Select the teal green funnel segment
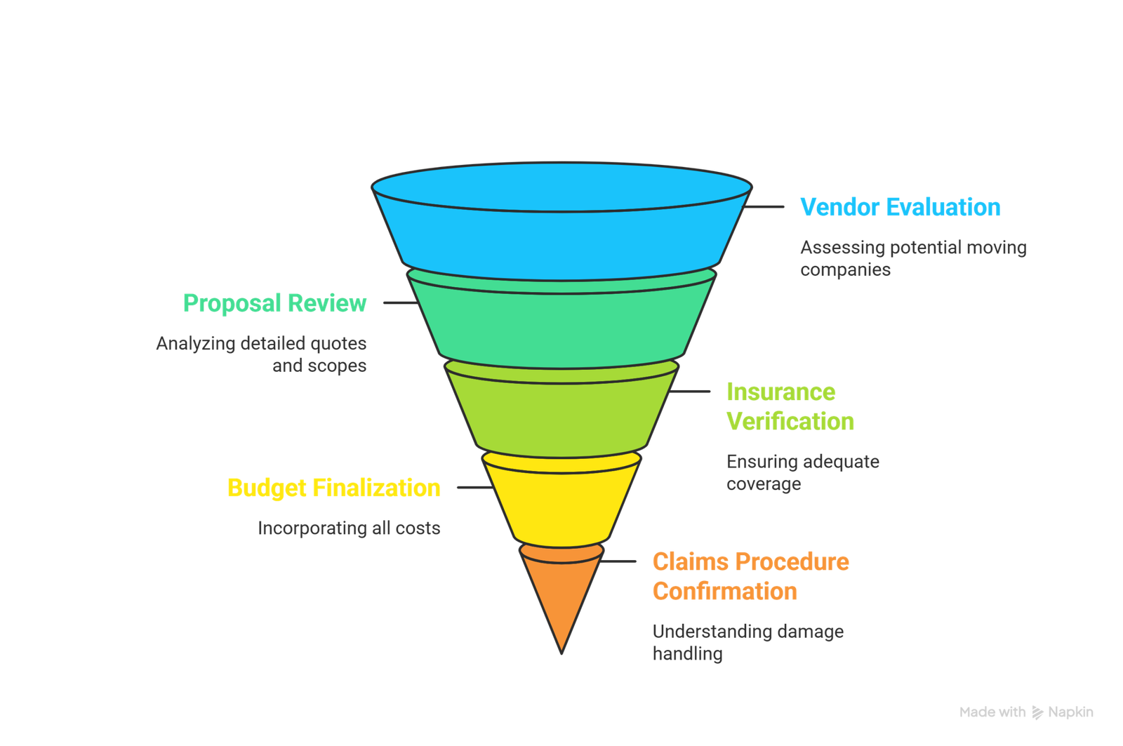pyautogui.click(x=561, y=323)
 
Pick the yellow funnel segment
pyautogui.click(x=561, y=505)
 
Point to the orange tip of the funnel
pyautogui.click(x=561, y=597)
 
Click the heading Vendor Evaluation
pyautogui.click(x=901, y=208)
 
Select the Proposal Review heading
pyautogui.click(x=274, y=303)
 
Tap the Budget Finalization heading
pyautogui.click(x=333, y=488)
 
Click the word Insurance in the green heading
pyautogui.click(x=781, y=392)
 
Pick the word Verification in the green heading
pyautogui.click(x=791, y=422)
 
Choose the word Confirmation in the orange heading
pyautogui.click(x=724, y=592)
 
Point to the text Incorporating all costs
pyautogui.click(x=349, y=528)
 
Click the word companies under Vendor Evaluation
pyautogui.click(x=845, y=270)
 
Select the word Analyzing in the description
pyautogui.click(x=195, y=344)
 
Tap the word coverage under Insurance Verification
pyautogui.click(x=764, y=484)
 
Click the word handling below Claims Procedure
pyautogui.click(x=687, y=654)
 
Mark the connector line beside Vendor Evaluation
pyautogui.click(x=764, y=208)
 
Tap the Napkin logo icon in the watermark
pyautogui.click(x=1037, y=712)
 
